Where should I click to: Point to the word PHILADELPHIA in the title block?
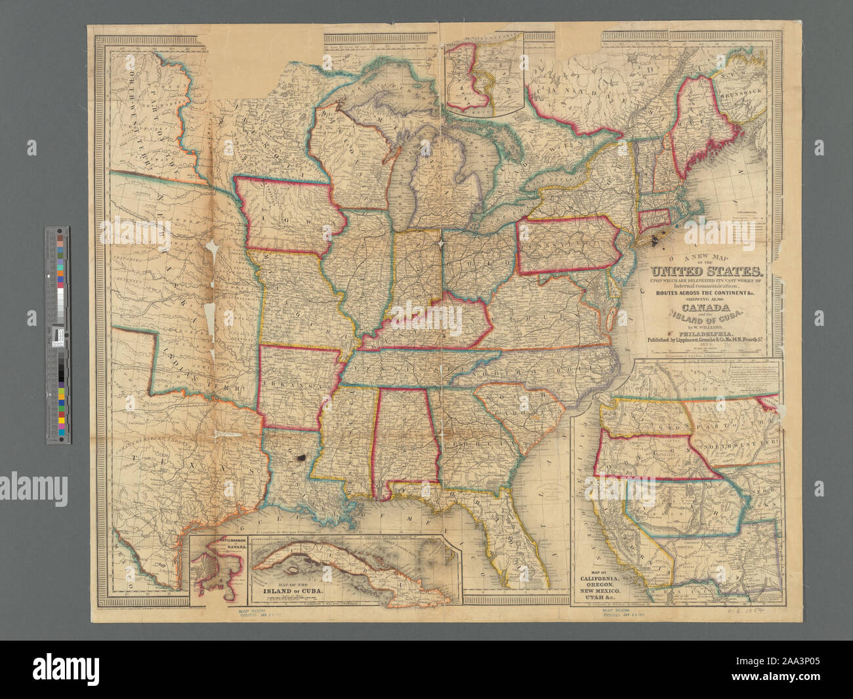tap(705, 332)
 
